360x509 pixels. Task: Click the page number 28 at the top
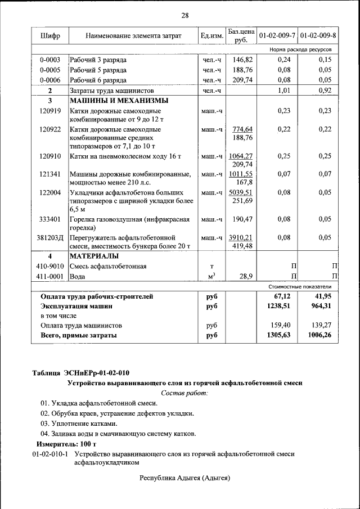184,15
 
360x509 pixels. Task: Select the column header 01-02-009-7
277,36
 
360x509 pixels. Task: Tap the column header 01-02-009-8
318,36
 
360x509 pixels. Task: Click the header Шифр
50,36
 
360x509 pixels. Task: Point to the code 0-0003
50,60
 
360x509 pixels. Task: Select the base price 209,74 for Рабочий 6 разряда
242,80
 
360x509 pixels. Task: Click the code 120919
50,111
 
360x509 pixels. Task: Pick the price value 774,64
241,129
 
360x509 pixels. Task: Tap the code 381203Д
50,237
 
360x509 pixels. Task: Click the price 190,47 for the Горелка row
242,219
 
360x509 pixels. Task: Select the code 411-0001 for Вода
50,276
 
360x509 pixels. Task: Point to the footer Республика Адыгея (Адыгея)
185,478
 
